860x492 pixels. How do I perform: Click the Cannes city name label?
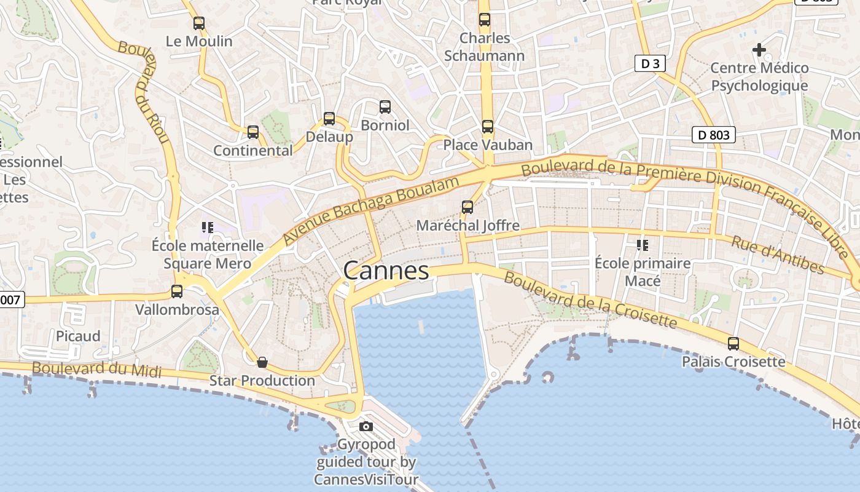coord(386,271)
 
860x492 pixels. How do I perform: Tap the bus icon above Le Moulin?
coord(199,23)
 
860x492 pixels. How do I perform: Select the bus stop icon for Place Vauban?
coord(488,127)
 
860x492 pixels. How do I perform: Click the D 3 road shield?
coord(649,63)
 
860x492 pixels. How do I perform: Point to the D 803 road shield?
coord(713,135)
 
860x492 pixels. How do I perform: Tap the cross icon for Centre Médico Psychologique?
coord(759,49)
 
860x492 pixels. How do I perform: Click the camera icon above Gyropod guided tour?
coord(366,426)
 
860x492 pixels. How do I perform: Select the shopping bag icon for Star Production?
coord(262,362)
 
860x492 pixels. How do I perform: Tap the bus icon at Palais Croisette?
coord(733,343)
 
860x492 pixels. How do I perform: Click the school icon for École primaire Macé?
coord(643,245)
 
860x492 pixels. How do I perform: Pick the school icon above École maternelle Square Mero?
coord(208,228)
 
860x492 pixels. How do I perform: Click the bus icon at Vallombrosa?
coord(177,292)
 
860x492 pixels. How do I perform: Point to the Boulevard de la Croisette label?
coord(590,300)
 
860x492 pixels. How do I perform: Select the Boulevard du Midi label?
coord(96,369)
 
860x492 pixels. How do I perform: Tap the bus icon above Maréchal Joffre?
coord(467,207)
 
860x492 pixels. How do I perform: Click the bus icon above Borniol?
coord(385,107)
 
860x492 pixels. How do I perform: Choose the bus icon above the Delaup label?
coord(329,119)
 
